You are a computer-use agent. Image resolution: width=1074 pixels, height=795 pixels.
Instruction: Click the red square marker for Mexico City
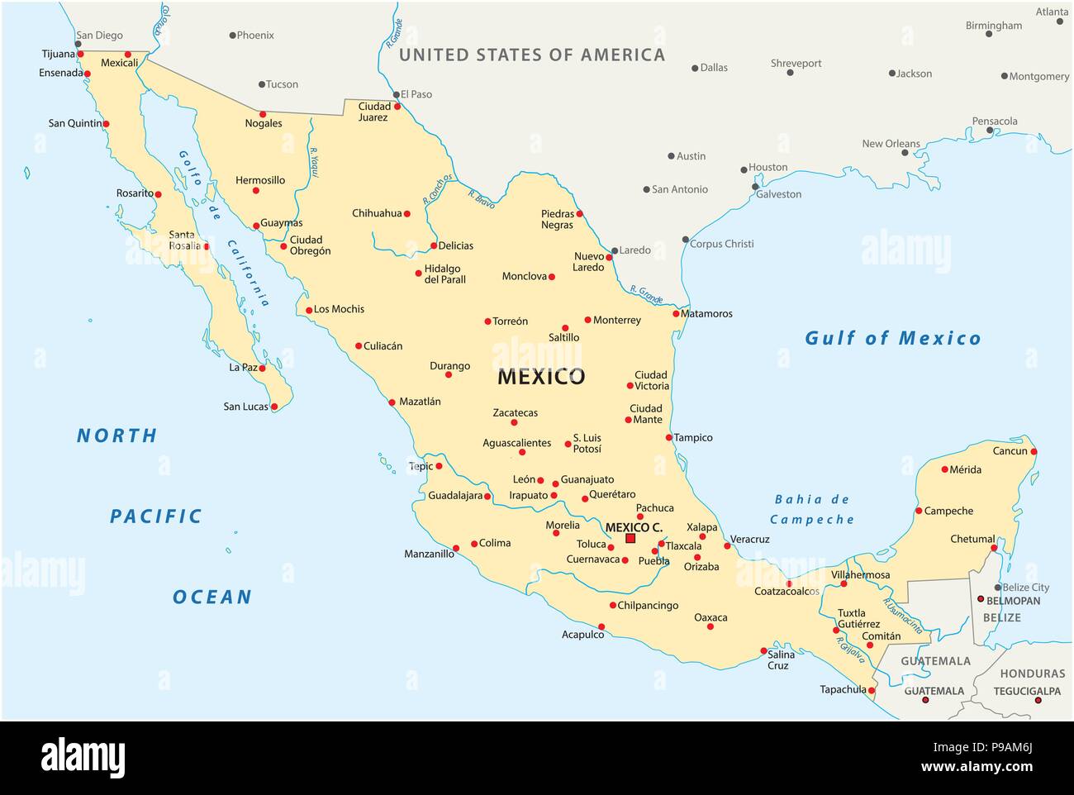630,538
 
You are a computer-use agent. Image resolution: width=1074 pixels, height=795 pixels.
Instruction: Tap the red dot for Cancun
1034,451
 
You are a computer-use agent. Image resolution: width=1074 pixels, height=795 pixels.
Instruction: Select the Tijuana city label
58,54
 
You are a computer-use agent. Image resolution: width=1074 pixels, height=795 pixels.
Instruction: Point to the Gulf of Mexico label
892,338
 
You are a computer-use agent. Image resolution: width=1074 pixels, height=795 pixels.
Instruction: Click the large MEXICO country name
540,377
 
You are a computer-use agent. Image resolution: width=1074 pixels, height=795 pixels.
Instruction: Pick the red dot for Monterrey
587,320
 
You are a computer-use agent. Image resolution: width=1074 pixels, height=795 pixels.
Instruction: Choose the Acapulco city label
582,634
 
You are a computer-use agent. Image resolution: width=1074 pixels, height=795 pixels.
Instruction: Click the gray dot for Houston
744,169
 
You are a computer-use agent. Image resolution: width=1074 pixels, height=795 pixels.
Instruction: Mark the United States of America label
531,55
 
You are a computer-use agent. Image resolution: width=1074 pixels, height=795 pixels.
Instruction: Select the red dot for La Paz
263,368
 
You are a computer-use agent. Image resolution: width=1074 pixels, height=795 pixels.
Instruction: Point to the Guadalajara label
454,496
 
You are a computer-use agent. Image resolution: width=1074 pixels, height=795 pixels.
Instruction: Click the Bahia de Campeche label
811,509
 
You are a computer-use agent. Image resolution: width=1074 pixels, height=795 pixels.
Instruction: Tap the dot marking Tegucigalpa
1038,701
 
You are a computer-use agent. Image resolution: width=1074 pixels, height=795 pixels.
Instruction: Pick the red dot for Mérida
945,469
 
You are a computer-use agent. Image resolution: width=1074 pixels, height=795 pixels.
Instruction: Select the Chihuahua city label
377,213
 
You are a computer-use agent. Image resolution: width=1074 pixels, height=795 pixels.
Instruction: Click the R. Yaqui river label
313,162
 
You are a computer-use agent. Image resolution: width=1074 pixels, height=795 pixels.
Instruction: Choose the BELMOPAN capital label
1013,601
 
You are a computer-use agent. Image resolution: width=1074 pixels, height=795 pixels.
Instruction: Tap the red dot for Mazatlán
392,402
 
